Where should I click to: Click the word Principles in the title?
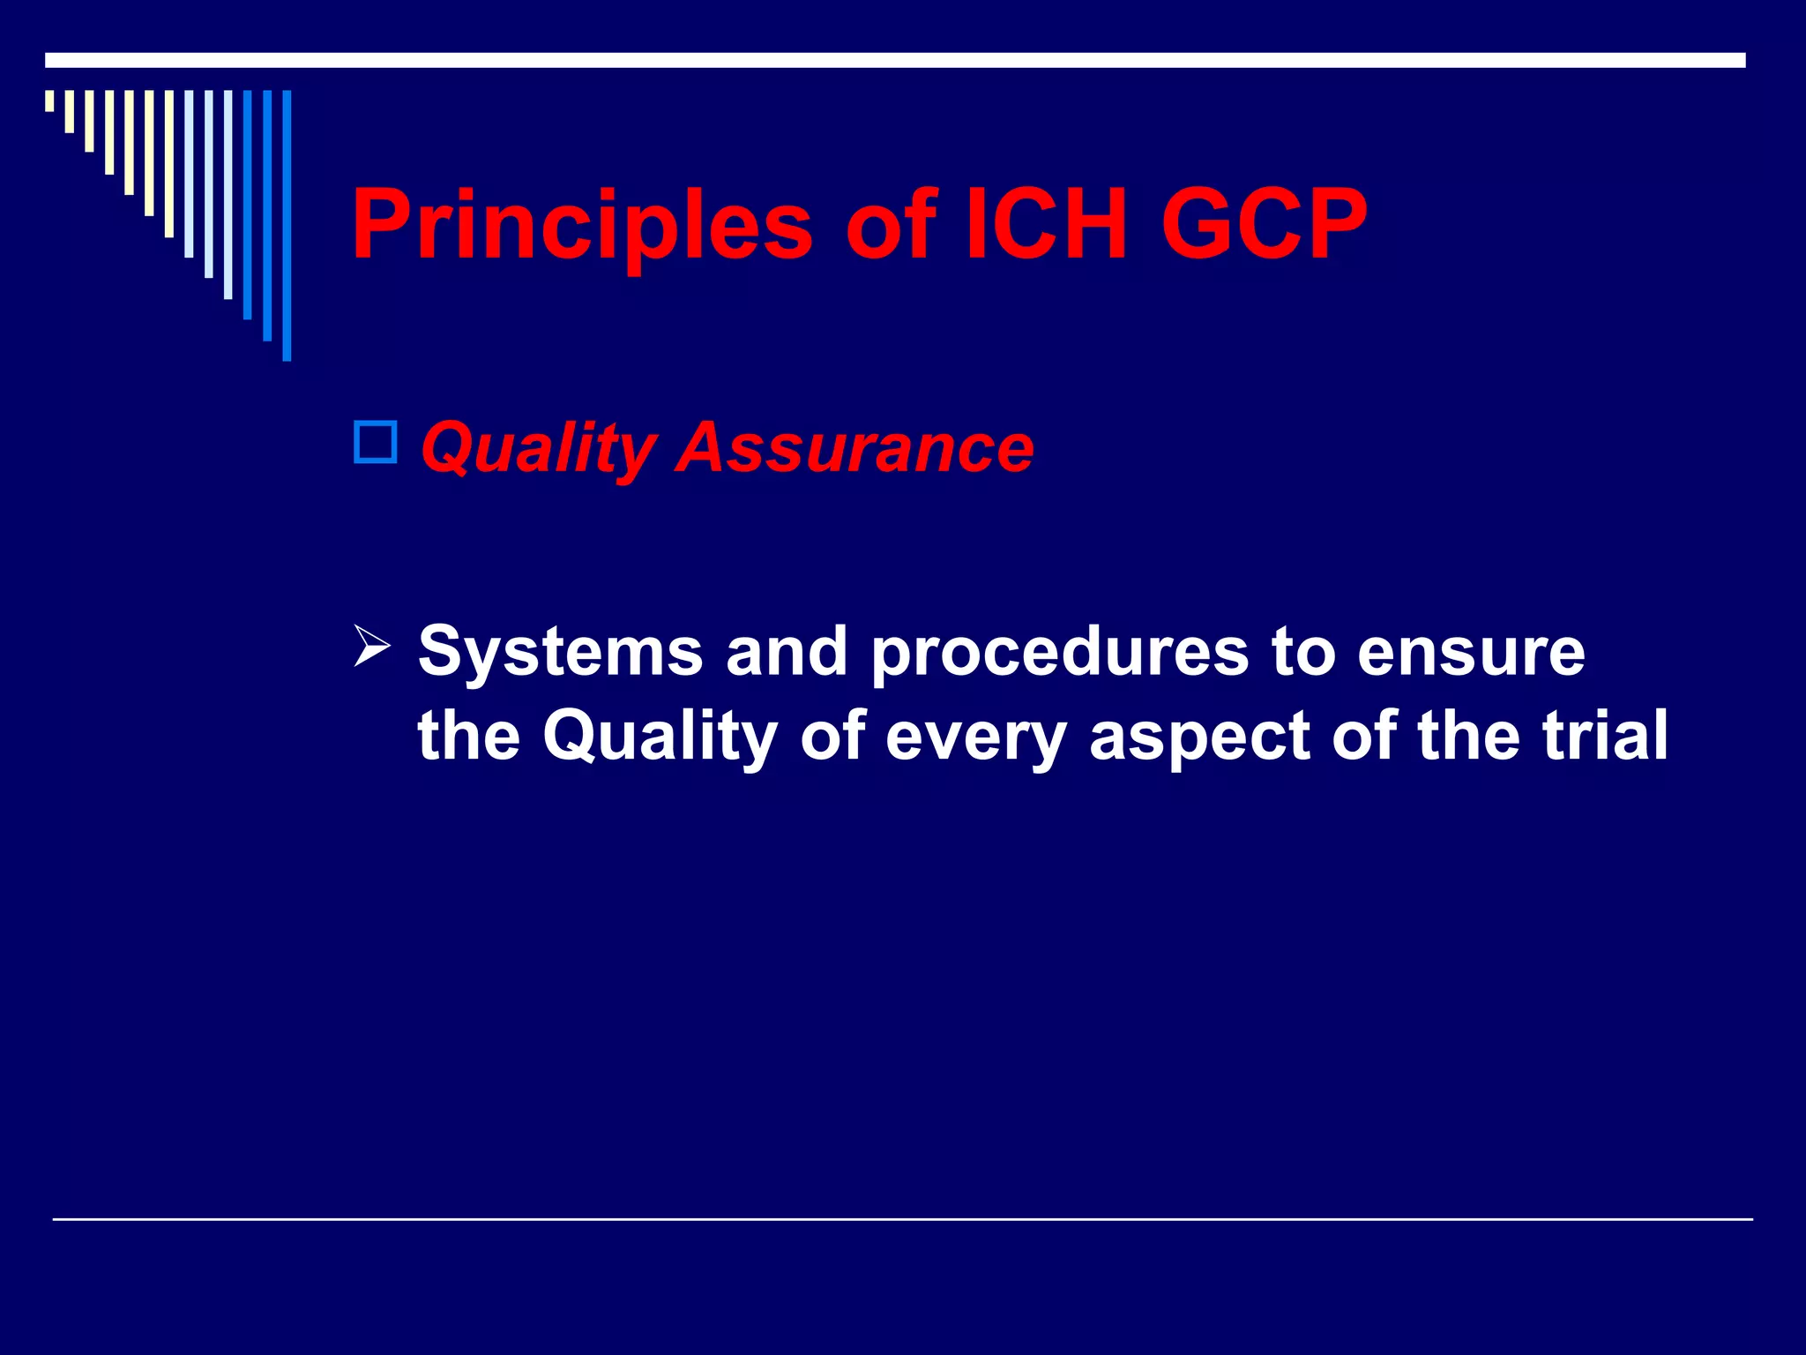(581, 226)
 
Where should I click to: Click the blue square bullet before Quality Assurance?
(376, 443)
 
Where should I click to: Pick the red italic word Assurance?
(854, 447)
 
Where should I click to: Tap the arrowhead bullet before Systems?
(371, 646)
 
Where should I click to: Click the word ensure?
(1471, 653)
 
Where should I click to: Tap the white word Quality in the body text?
(660, 737)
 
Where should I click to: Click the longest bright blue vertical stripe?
(287, 225)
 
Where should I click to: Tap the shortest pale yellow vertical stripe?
(49, 101)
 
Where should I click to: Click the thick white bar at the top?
(895, 60)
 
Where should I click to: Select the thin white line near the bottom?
(902, 1219)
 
